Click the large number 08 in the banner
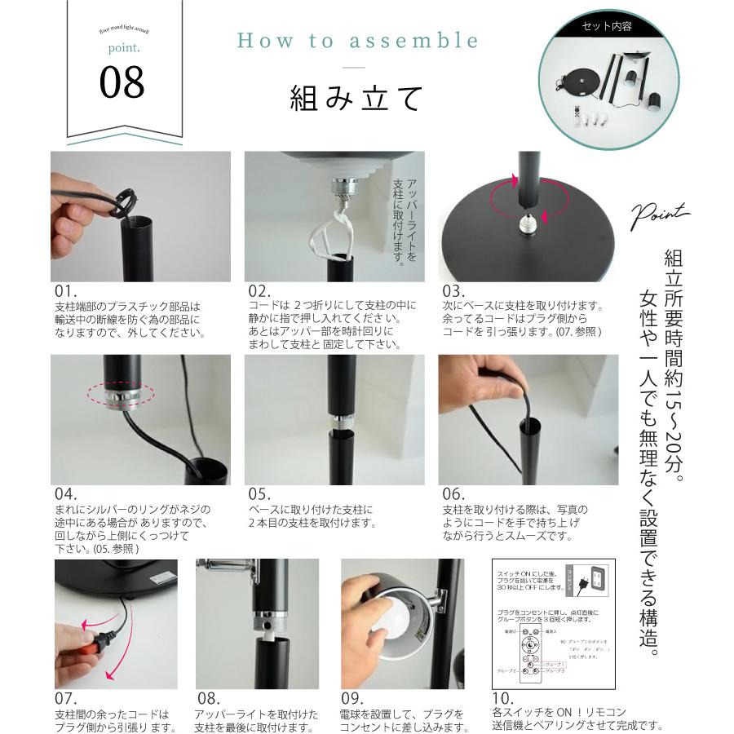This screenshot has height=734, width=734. pyautogui.click(x=122, y=82)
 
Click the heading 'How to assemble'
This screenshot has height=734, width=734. pyautogui.click(x=357, y=42)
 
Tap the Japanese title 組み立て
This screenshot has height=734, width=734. pyautogui.click(x=356, y=98)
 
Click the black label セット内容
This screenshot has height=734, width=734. pyautogui.click(x=607, y=26)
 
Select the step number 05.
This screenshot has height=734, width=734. pyautogui.click(x=260, y=494)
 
